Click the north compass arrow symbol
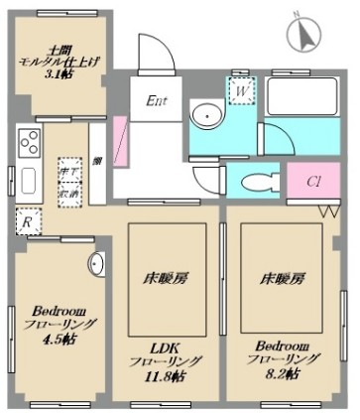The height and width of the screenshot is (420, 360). [303, 35]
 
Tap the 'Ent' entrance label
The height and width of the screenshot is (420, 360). [157, 100]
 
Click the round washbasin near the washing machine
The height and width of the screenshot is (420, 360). [206, 115]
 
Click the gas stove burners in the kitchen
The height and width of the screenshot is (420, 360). [28, 143]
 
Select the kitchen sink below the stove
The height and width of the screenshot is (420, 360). [27, 180]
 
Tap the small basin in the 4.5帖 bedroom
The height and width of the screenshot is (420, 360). [97, 264]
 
